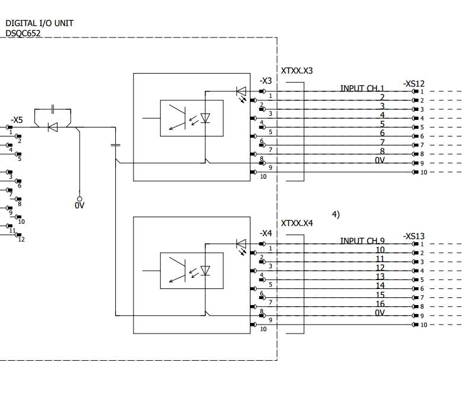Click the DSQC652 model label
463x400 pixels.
tap(23, 33)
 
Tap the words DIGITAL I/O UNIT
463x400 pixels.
tap(39, 23)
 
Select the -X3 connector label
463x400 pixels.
tap(265, 81)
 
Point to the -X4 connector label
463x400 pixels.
tap(265, 233)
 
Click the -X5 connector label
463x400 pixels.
tap(17, 120)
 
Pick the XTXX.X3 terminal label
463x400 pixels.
tap(297, 71)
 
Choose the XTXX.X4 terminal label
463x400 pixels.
tap(297, 224)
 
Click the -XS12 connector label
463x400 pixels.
tap(413, 84)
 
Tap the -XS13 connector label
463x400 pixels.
tap(413, 236)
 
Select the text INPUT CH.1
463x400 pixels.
tap(362, 88)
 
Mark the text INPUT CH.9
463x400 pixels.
tap(362, 241)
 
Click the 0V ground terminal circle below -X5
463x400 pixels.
tap(80, 199)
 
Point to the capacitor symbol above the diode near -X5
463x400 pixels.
tap(53, 109)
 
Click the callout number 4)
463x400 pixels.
tap(336, 214)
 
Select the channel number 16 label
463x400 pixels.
tap(380, 304)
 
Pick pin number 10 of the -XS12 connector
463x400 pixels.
tap(424, 172)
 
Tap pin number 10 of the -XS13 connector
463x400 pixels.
tap(424, 325)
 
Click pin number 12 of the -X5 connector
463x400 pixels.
tap(21, 239)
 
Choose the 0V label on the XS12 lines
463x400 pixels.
tap(380, 160)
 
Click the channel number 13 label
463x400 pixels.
tap(380, 277)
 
